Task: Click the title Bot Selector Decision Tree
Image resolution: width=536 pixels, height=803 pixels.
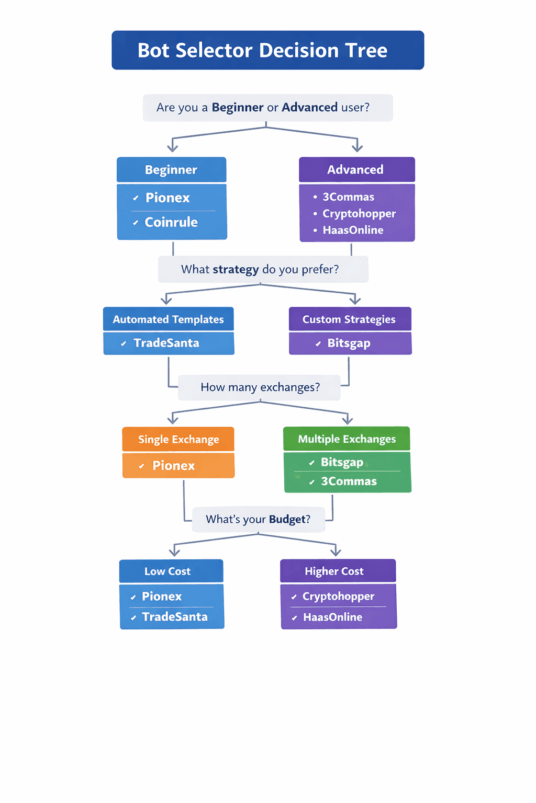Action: (262, 50)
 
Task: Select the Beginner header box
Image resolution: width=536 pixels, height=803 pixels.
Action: (171, 170)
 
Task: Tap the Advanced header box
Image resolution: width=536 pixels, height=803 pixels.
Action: (356, 170)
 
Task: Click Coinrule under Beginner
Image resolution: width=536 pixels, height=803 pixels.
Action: (171, 222)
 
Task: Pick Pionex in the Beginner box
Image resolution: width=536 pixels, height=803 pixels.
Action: (167, 198)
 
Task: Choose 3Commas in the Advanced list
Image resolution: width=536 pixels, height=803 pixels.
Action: (348, 197)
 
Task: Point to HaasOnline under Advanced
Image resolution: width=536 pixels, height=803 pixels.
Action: (353, 230)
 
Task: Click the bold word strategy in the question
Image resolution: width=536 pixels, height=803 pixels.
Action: (236, 269)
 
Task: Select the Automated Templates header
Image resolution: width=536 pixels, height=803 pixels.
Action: (168, 319)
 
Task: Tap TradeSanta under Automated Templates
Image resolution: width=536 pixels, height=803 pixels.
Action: (166, 343)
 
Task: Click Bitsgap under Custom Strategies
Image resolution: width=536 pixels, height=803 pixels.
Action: (349, 343)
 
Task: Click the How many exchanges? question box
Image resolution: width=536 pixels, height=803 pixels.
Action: (260, 387)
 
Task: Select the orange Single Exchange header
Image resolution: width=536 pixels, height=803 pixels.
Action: (178, 439)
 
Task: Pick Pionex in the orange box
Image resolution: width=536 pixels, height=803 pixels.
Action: (173, 465)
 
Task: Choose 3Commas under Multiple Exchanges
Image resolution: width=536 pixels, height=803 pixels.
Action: (349, 481)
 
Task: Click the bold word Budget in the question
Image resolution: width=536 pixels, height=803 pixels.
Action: (287, 519)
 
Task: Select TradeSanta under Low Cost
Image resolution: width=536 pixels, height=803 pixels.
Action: (174, 617)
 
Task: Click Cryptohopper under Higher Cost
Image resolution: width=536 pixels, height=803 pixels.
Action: (338, 596)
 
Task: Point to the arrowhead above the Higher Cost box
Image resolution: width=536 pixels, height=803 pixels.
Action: (336, 552)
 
